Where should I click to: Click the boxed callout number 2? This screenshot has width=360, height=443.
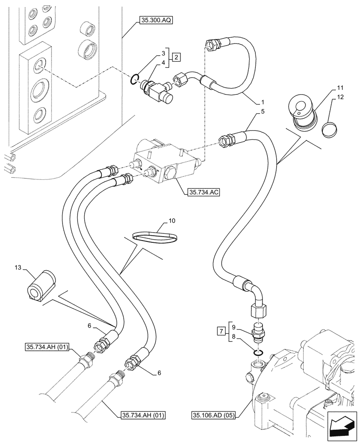point(176,57)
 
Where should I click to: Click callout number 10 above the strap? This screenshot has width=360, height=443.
point(172,220)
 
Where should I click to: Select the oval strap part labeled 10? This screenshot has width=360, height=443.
point(157,236)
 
